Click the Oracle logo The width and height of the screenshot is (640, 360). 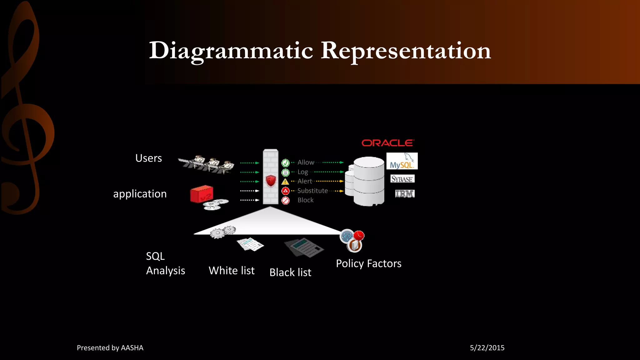coord(388,143)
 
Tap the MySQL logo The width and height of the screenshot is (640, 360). coord(402,161)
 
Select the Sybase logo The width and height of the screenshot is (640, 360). coord(402,179)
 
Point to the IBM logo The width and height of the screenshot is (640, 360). coord(405,194)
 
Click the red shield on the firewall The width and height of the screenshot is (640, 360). coord(271,181)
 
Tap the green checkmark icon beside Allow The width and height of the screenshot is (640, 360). coord(285,163)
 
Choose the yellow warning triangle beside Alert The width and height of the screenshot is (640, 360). coord(285,182)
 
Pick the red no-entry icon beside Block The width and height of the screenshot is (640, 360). coord(285,201)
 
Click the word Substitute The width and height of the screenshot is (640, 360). coord(312,191)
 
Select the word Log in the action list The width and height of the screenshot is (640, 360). coord(302,172)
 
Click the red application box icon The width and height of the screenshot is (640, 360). coord(202,194)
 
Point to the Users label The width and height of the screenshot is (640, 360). coord(148,158)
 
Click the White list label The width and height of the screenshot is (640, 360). coord(232,271)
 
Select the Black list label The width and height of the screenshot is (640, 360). coord(290,272)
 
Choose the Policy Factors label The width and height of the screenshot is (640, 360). coord(368,264)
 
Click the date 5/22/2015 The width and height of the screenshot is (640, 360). coord(487,348)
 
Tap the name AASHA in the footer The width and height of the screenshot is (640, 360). coord(132,348)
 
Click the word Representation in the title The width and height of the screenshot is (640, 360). coord(406,51)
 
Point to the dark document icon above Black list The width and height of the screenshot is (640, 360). coord(304,248)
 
